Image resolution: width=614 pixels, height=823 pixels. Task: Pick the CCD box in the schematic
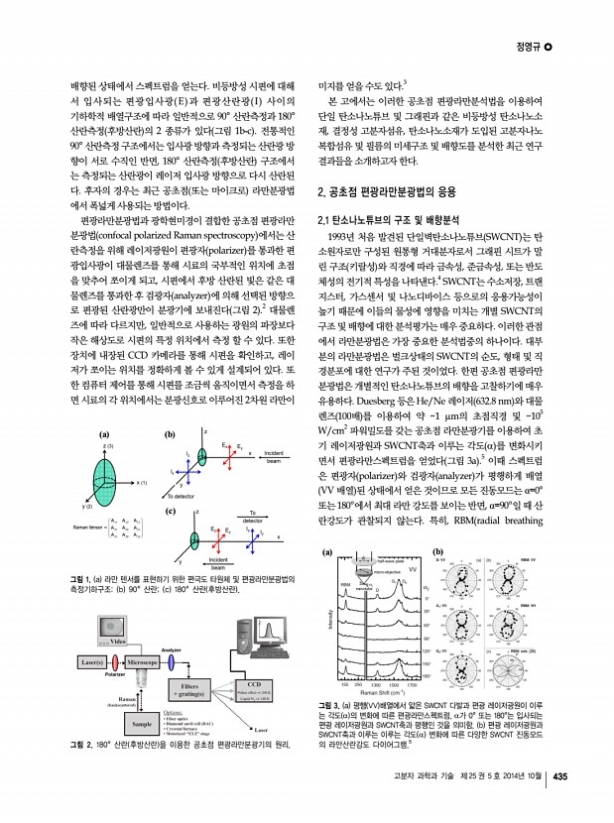tap(254, 690)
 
